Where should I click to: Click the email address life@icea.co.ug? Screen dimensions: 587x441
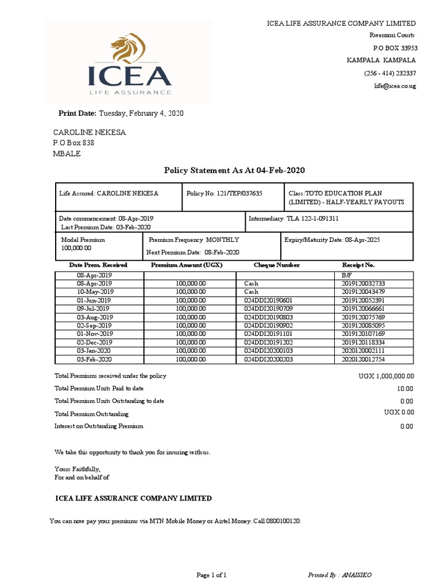point(395,86)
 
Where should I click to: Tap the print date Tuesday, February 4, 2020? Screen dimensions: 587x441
point(141,114)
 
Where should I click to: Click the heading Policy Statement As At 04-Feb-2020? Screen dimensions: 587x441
point(234,170)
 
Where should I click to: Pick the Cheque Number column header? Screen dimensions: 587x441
point(277,265)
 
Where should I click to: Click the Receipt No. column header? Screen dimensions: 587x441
point(358,265)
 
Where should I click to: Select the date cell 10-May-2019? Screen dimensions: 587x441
point(95,292)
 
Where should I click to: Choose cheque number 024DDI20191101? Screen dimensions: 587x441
point(268,334)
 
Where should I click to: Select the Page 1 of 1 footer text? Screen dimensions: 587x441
point(212,574)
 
